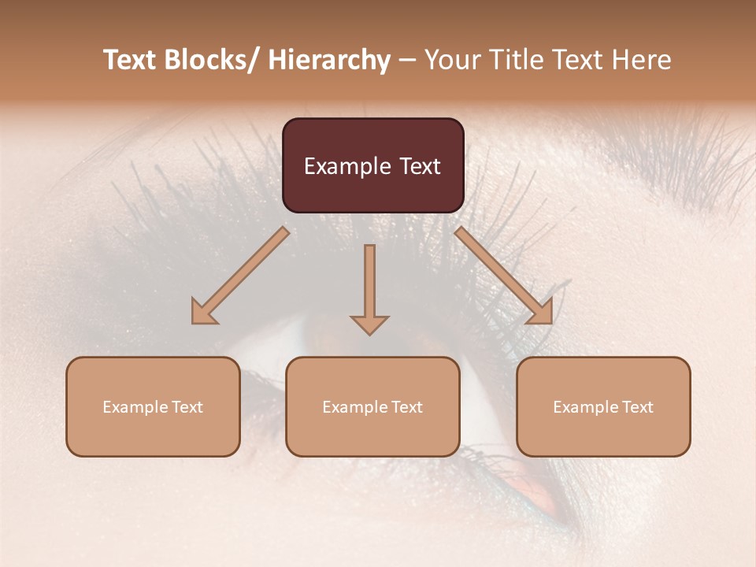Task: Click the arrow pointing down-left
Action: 241,276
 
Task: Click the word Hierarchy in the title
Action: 330,60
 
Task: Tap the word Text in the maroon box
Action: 419,166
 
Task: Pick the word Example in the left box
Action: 135,407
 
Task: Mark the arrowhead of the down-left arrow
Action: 203,312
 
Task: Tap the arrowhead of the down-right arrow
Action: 540,312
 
